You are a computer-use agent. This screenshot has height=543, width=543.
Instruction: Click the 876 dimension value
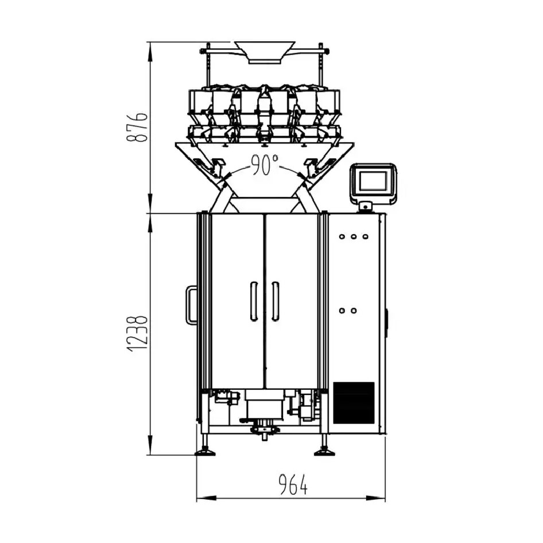coord(138,127)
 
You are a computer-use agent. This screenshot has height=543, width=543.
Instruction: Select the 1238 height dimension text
coord(138,333)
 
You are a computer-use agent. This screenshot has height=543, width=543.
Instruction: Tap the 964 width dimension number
coord(293,486)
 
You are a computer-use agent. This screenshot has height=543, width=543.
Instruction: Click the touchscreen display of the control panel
coord(374,181)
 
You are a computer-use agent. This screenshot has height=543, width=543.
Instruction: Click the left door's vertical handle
coord(253,301)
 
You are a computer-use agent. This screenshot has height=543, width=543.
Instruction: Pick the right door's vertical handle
coord(275,301)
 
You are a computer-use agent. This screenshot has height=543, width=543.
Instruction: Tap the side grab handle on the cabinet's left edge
coord(190,305)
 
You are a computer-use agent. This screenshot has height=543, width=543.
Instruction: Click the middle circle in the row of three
coord(354,236)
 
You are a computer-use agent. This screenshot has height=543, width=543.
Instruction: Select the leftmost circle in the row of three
coord(343,236)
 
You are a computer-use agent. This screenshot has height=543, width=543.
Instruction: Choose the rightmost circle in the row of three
coord(364,236)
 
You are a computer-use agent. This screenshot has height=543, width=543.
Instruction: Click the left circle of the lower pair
coord(343,311)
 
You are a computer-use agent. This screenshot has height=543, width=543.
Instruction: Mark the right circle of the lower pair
coord(354,311)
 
